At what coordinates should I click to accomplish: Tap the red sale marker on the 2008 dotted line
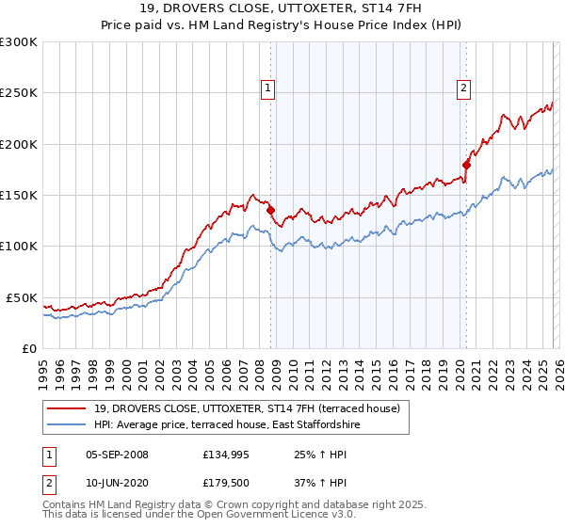click(270, 211)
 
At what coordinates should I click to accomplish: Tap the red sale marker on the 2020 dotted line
click(466, 165)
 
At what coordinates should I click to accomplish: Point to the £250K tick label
click(19, 93)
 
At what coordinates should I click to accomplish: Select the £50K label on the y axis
click(22, 297)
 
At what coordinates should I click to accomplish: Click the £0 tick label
click(29, 348)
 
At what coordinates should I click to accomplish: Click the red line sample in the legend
click(67, 408)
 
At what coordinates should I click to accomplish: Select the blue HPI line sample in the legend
click(67, 425)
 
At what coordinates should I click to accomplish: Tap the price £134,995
click(227, 455)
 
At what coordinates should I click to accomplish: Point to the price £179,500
click(227, 483)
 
